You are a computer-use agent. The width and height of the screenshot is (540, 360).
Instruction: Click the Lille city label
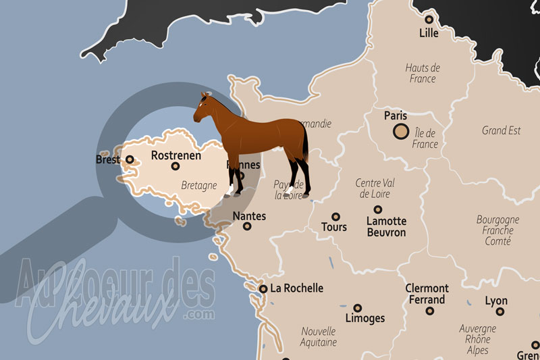point(429,33)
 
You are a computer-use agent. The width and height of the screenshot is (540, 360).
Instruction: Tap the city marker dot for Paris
point(400,131)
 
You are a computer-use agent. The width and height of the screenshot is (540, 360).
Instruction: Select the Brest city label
point(108,160)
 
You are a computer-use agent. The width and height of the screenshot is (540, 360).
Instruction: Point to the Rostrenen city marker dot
point(175,166)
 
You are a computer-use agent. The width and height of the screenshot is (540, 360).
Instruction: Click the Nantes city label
point(249,217)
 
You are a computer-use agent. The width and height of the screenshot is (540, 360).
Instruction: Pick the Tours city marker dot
point(335,217)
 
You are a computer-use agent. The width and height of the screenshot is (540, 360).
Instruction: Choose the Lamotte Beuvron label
point(386,226)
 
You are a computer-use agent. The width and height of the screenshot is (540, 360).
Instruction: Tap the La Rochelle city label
point(296,288)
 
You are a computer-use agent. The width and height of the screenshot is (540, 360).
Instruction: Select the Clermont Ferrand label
point(427,294)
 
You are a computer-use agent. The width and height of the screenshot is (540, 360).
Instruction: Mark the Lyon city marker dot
point(500,311)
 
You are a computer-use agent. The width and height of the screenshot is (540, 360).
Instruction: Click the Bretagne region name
point(199,184)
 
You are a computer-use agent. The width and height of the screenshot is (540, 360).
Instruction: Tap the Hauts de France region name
point(423,73)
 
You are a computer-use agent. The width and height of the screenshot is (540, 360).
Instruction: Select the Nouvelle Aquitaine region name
point(319,336)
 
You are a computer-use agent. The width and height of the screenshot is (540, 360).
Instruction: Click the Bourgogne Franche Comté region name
point(498,230)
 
